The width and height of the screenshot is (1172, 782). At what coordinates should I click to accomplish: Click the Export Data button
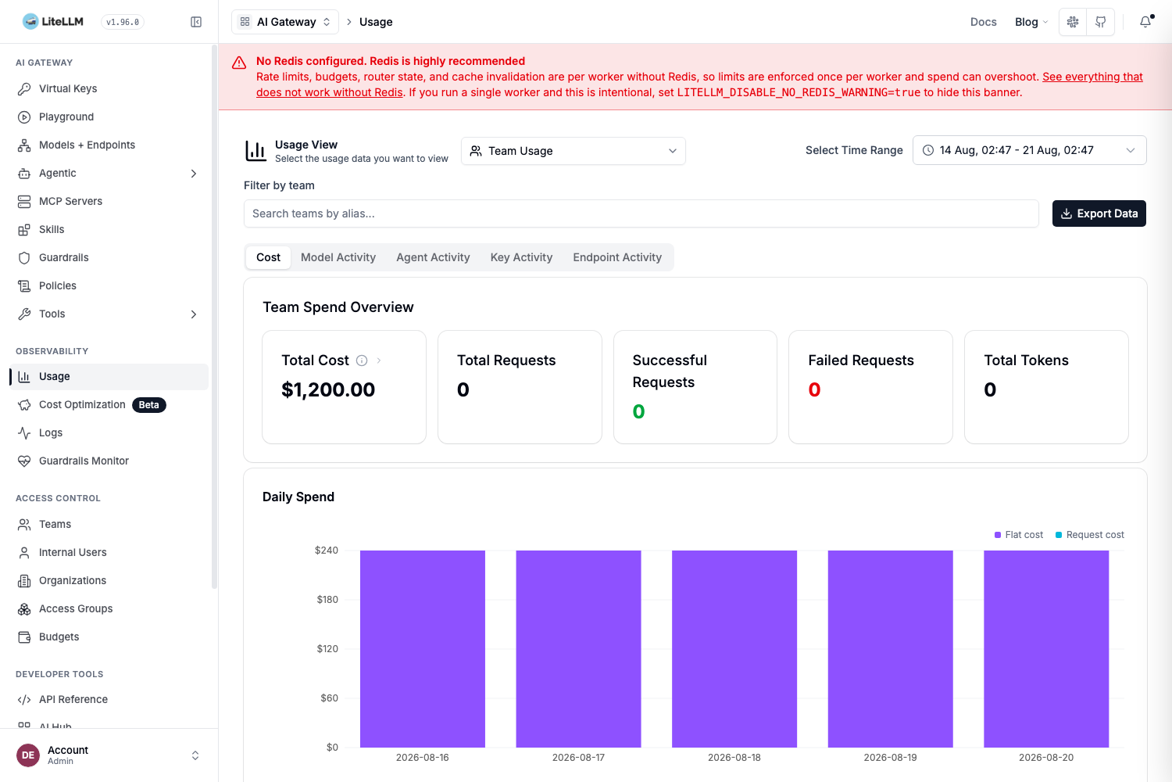[1099, 213]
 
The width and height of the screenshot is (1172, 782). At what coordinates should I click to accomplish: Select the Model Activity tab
[338, 257]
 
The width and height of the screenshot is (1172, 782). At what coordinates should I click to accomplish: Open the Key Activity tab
[521, 257]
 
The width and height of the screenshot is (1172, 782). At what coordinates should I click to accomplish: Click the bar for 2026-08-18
[734, 648]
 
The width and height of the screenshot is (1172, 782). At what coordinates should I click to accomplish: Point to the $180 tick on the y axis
[327, 599]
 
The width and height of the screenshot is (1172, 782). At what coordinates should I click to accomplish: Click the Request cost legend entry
[1089, 535]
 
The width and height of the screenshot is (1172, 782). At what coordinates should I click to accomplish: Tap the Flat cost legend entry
[1018, 535]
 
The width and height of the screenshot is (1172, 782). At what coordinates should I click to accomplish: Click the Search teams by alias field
[641, 213]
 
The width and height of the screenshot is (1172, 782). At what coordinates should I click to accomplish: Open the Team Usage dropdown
[573, 151]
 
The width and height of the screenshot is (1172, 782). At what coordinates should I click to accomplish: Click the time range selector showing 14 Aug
[1029, 150]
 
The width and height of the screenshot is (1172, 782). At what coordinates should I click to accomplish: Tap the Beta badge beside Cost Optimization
[148, 405]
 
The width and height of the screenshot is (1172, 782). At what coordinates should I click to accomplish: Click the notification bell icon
[1145, 21]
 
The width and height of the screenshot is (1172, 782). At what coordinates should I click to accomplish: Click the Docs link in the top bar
[983, 22]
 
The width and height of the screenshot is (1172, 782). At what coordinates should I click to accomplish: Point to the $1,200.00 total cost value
[328, 389]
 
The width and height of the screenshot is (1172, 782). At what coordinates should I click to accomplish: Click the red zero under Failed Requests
[814, 389]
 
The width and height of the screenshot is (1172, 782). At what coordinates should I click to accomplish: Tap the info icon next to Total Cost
[362, 361]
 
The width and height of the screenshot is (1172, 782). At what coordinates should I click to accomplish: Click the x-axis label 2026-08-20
[1046, 758]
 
